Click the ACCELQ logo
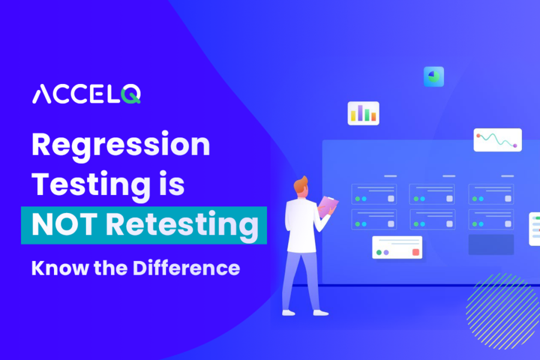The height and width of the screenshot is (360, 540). (x=86, y=94)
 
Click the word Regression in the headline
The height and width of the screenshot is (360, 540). (x=121, y=145)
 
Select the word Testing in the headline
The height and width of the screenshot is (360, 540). (x=91, y=185)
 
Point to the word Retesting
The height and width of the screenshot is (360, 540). (x=182, y=226)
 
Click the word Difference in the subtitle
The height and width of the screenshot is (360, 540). (x=187, y=268)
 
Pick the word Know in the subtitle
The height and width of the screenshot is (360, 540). (x=60, y=268)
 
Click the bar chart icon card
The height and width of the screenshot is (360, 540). (x=364, y=113)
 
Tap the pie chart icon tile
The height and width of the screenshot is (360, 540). (x=434, y=76)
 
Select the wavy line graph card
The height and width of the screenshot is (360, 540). (x=497, y=140)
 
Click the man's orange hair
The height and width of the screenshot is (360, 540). (x=301, y=184)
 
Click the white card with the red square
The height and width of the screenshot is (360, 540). (x=397, y=247)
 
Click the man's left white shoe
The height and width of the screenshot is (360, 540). (x=288, y=313)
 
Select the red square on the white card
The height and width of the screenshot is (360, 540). (x=416, y=252)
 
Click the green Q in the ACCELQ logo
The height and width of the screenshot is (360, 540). (x=131, y=94)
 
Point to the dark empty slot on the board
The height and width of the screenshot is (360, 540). (x=491, y=245)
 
